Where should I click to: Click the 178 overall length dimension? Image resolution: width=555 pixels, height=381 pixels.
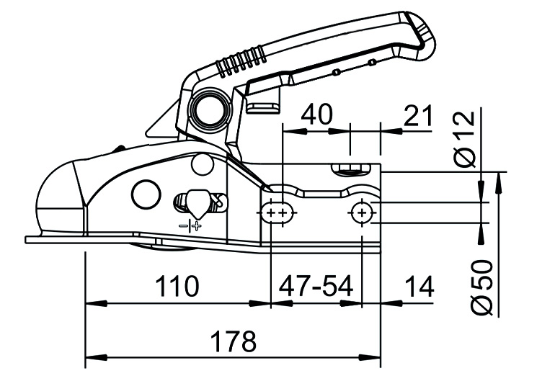[234, 341]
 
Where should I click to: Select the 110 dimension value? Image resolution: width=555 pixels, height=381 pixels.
[177, 286]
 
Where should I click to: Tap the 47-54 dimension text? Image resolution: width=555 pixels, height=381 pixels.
[316, 286]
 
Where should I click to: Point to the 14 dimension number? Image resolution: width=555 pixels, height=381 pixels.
[419, 286]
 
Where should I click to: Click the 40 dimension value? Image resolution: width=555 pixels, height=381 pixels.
[317, 115]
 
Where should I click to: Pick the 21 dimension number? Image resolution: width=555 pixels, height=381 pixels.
[418, 115]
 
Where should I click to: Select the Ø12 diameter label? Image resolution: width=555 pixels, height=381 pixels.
[464, 139]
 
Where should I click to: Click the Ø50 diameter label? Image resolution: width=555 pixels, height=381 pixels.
[482, 287]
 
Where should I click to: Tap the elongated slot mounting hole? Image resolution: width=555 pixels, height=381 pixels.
[277, 212]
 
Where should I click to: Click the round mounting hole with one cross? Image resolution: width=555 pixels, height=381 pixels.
[362, 212]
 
